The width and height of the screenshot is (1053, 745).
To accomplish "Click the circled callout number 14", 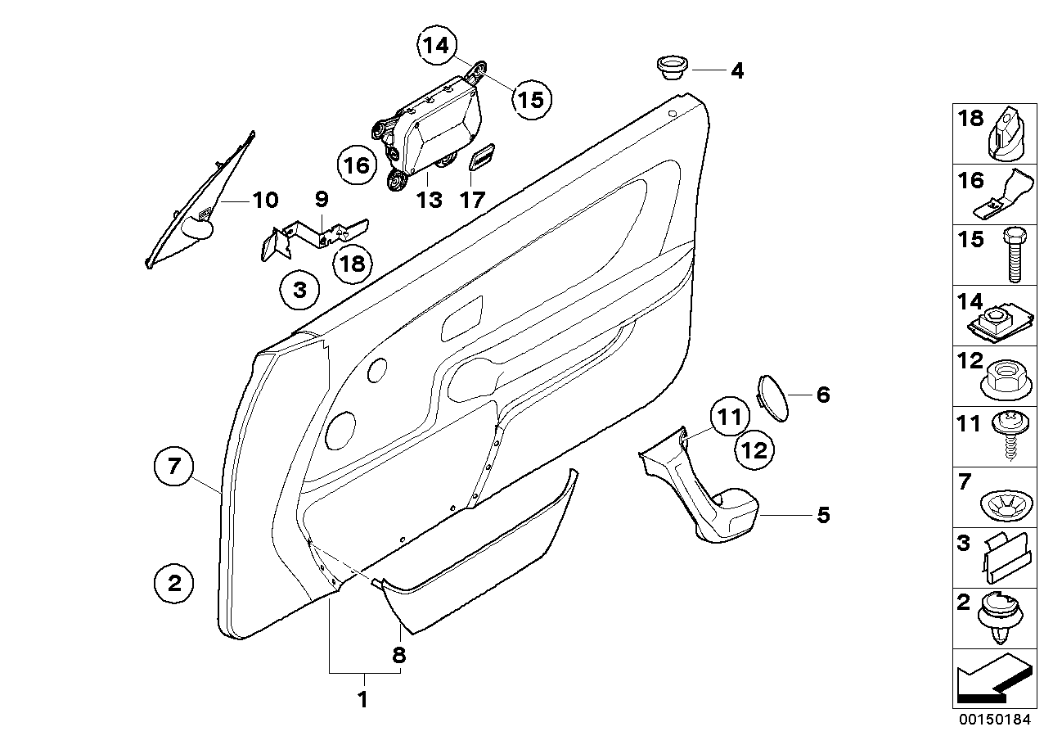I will coord(437,47).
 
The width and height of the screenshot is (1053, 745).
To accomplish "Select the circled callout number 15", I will coord(530,99).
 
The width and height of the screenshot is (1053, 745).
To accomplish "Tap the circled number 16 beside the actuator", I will coord(357,166).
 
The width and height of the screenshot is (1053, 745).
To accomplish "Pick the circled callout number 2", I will coord(173,584).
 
